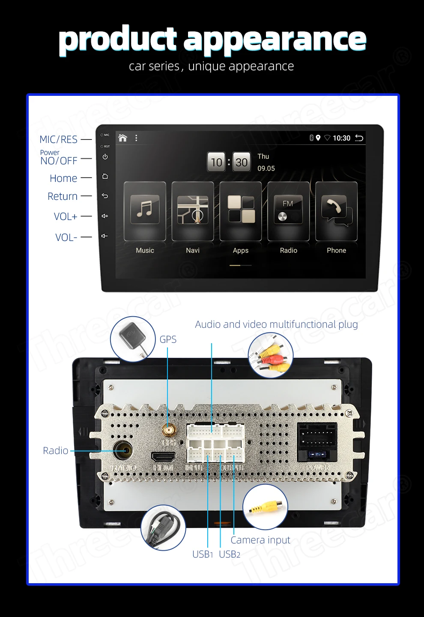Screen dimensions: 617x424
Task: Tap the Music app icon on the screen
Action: pos(145,210)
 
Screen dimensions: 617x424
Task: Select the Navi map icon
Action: pos(193,210)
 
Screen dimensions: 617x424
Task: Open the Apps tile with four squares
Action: pos(241,210)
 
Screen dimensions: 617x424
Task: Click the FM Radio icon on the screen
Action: pos(288,210)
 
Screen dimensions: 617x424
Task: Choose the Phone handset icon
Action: pos(337,210)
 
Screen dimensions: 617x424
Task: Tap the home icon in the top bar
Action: pos(123,138)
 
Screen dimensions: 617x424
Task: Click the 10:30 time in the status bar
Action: pos(341,138)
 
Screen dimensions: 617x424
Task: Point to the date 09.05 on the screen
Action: pos(266,169)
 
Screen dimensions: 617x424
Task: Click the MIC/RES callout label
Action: pos(58,139)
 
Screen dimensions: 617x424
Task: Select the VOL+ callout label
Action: pos(66,217)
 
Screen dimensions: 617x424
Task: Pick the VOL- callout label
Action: pos(66,237)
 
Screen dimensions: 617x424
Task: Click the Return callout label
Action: pos(63,196)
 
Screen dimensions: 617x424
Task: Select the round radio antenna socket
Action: pos(123,451)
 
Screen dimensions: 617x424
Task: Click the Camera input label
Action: pos(260,540)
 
